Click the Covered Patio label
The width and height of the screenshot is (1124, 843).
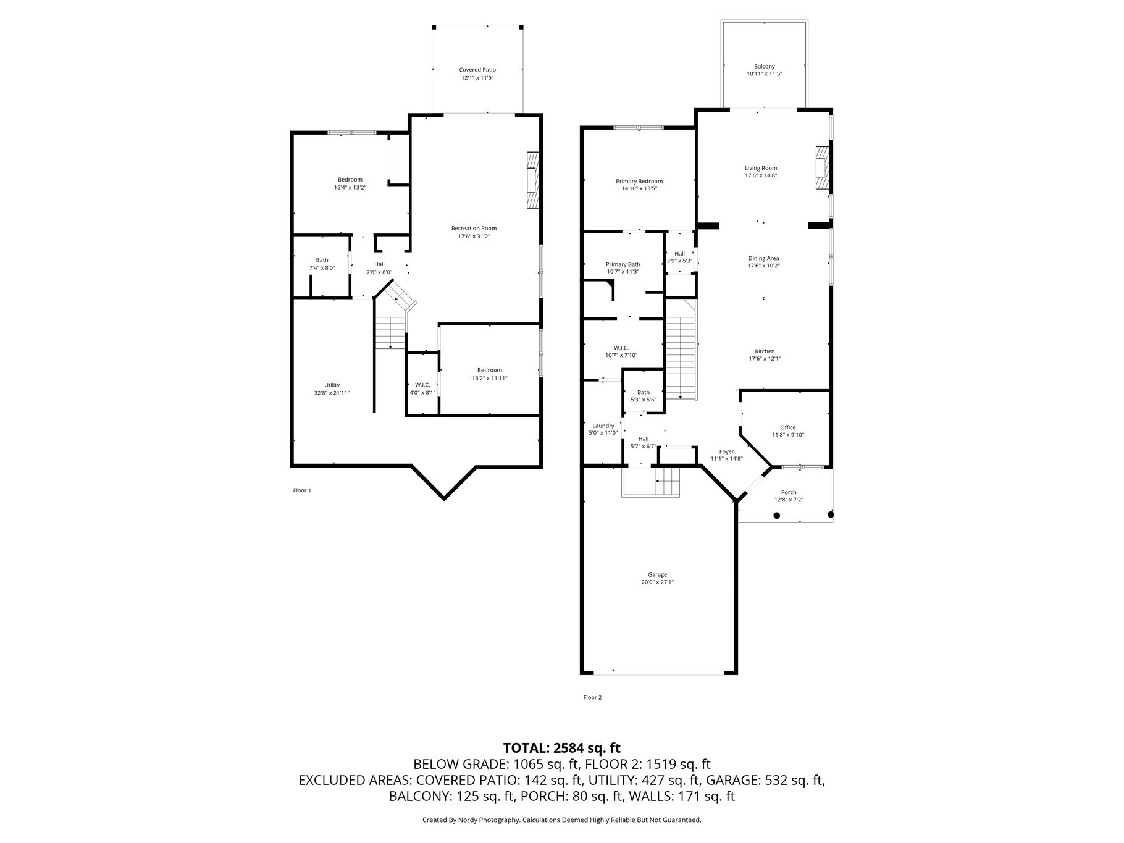[477, 70]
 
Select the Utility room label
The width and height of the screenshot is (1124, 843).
[332, 385]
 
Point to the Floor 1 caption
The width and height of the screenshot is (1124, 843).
[302, 490]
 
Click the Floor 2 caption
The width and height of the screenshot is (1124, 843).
[592, 698]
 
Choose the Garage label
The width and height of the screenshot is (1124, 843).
[658, 575]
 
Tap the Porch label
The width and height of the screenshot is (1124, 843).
[789, 493]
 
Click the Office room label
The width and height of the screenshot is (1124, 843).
[788, 427]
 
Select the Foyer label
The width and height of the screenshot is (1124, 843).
[727, 451]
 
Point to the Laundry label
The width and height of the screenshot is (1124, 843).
[603, 426]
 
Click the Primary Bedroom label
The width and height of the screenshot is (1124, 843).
[639, 182]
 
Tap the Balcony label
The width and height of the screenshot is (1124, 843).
[764, 67]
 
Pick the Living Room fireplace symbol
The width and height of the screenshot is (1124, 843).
[823, 167]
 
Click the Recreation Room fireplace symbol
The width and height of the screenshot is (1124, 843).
[533, 182]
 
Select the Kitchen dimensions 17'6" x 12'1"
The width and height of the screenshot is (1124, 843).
[765, 359]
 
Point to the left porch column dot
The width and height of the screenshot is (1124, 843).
[777, 515]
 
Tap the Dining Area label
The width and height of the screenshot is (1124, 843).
[764, 259]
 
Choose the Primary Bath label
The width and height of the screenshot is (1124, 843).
[623, 264]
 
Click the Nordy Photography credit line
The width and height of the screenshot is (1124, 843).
[562, 820]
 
